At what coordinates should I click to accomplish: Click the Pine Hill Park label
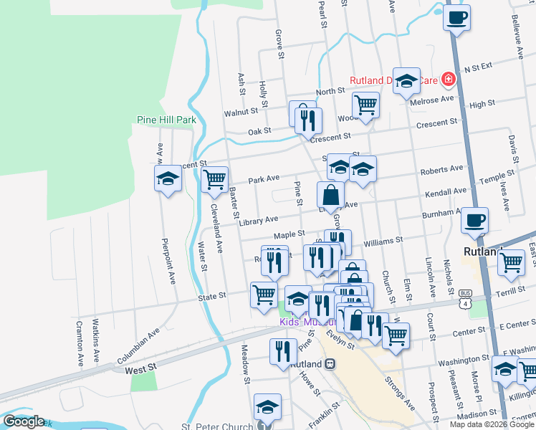click(166, 120)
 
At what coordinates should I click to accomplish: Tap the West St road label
click(140, 368)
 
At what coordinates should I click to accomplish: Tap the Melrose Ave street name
click(433, 100)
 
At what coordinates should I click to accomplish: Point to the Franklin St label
click(324, 415)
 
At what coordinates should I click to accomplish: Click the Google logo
click(23, 421)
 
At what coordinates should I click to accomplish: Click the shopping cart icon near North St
click(366, 105)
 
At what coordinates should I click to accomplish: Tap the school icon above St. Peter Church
click(267, 406)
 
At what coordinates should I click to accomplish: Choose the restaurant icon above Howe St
click(284, 351)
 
